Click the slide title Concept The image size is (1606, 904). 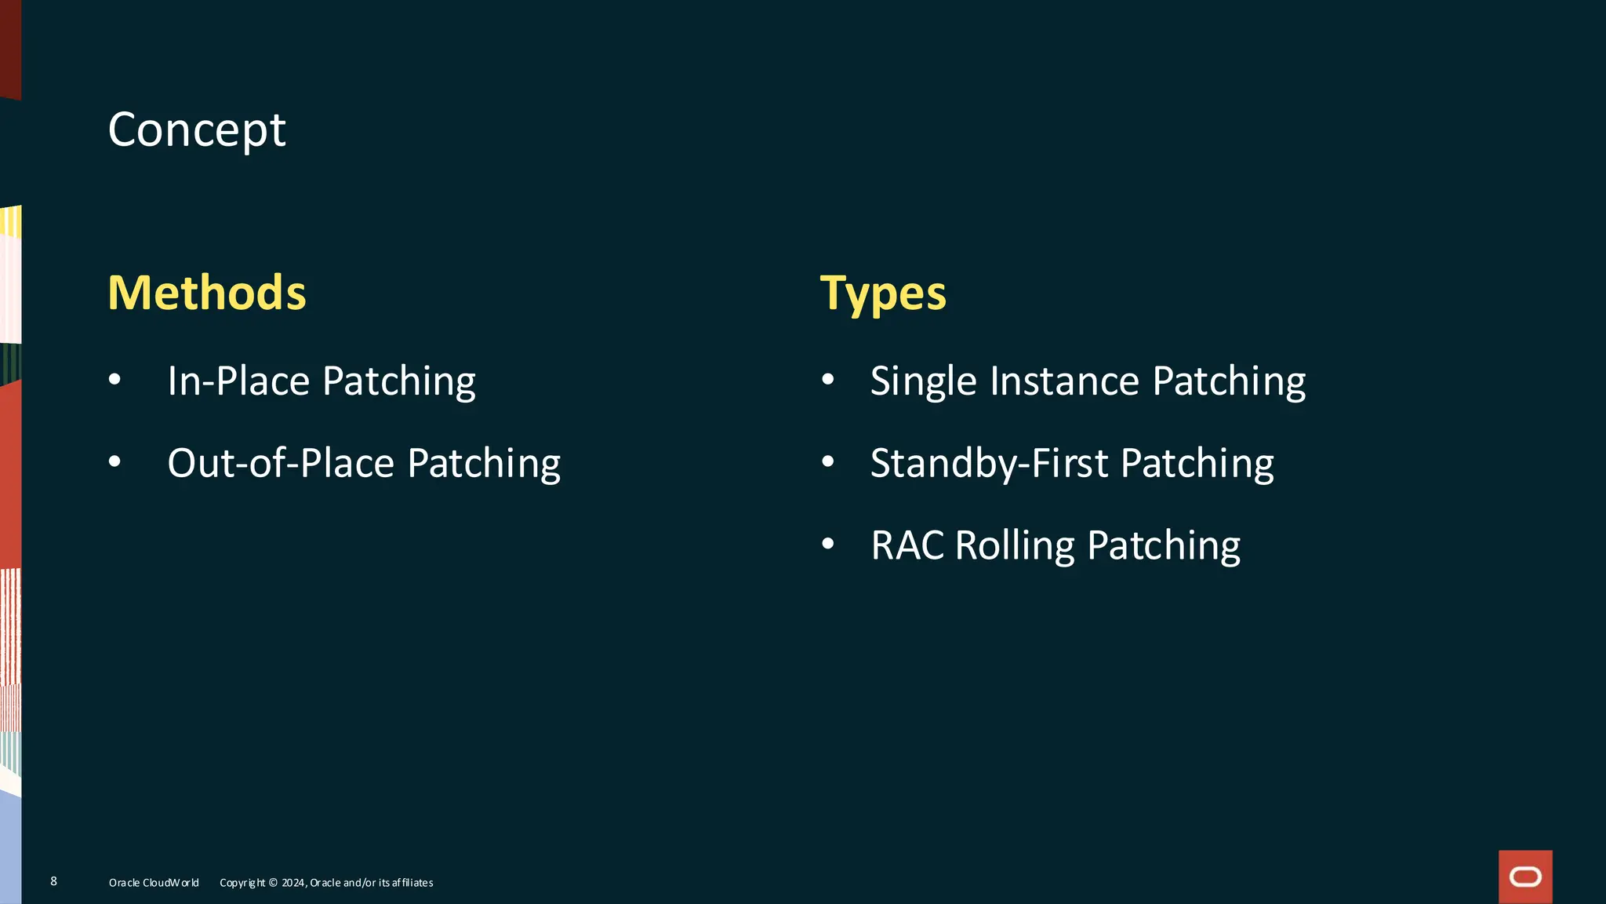pyautogui.click(x=197, y=130)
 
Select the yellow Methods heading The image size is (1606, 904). pyautogui.click(x=207, y=293)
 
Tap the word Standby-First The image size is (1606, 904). pyautogui.click(x=989, y=464)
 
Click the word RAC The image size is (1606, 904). pyautogui.click(x=907, y=545)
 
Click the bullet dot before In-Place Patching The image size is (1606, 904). pyautogui.click(x=115, y=381)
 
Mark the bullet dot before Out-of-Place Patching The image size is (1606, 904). pyautogui.click(x=115, y=462)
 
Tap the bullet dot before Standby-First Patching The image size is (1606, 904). pyautogui.click(x=828, y=462)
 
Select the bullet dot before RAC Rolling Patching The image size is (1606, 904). pyautogui.click(x=828, y=544)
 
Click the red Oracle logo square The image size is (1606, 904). pyautogui.click(x=1525, y=877)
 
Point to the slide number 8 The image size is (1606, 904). pyautogui.click(x=53, y=881)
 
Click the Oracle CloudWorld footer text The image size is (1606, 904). pyautogui.click(x=154, y=883)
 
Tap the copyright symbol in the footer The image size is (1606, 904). pyautogui.click(x=273, y=883)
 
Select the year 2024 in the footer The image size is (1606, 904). pyautogui.click(x=293, y=883)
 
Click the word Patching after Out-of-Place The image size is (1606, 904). pyautogui.click(x=484, y=464)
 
